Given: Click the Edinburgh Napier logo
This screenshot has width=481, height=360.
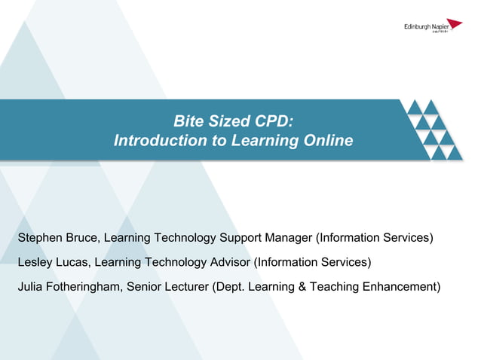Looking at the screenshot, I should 433,27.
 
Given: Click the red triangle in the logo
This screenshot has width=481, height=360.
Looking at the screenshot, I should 454,25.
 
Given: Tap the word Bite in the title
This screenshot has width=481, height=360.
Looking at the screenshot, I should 189,121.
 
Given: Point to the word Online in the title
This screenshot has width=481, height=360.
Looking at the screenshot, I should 329,141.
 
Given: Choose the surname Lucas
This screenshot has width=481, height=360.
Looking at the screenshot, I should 74,262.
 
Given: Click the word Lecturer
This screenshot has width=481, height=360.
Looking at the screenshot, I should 188,286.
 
